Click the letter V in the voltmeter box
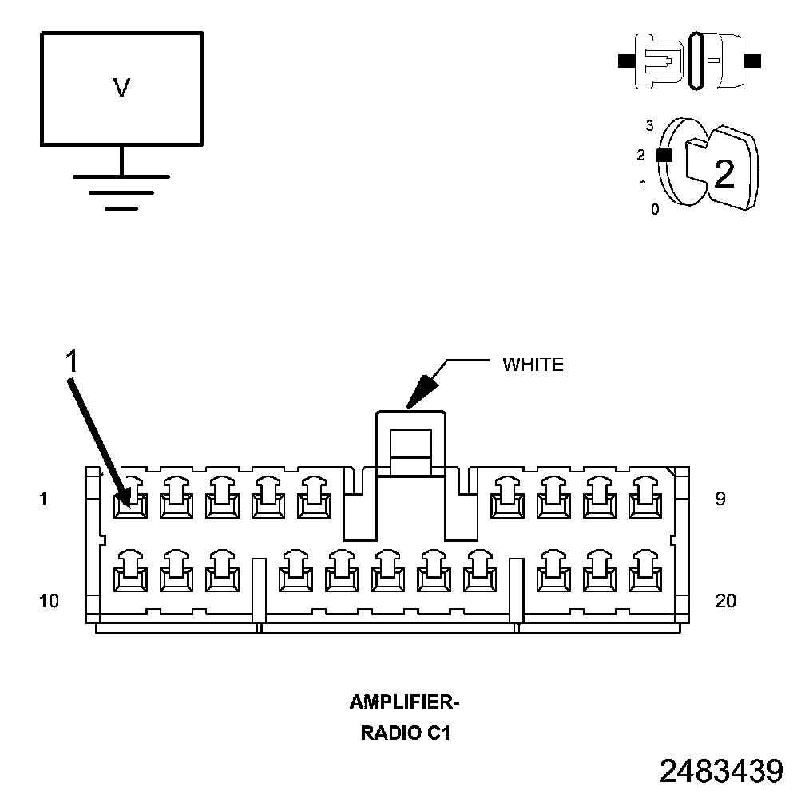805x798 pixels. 121,88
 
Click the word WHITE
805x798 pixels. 533,365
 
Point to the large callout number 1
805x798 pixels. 72,361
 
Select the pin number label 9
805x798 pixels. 720,500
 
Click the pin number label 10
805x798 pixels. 49,601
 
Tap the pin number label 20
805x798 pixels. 725,601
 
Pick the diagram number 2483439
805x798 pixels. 721,771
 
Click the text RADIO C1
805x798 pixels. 406,733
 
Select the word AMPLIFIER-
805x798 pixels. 405,702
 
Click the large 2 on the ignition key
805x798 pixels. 724,173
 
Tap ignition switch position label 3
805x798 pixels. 649,125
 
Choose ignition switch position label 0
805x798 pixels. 655,210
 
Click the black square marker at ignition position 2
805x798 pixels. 664,156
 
